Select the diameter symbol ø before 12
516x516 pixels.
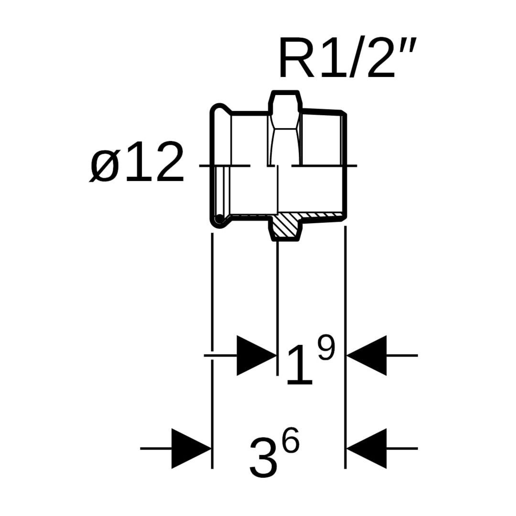point(104,165)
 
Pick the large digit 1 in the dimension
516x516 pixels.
point(300,366)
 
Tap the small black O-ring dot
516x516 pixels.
point(219,219)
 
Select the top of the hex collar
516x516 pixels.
point(285,92)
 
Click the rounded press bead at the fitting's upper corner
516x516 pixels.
point(218,109)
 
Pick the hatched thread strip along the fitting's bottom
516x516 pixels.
point(322,216)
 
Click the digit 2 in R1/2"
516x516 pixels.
point(380,60)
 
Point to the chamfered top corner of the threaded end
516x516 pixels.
point(344,113)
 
